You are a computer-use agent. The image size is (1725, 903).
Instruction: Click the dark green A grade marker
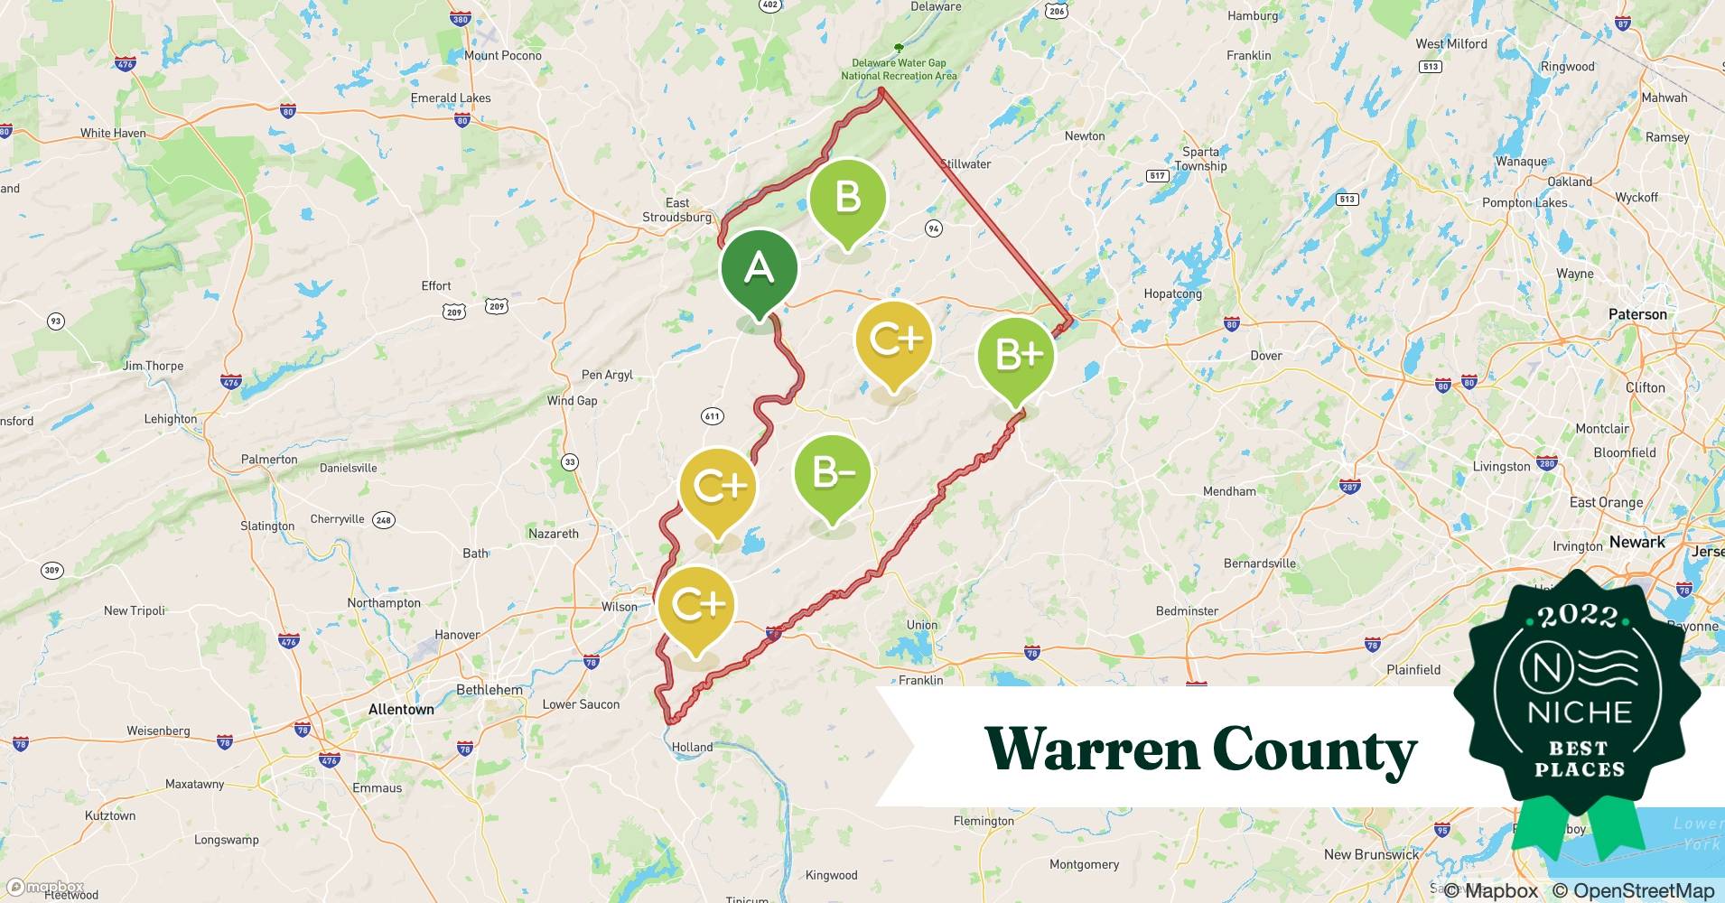[759, 269]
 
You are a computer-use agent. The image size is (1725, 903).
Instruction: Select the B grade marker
[847, 198]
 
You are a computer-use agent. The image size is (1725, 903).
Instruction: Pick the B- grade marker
[832, 473]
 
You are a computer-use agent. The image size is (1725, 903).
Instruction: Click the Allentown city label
[401, 710]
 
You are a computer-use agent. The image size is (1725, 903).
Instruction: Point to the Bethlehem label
[490, 690]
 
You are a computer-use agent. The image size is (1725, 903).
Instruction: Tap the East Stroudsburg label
[677, 210]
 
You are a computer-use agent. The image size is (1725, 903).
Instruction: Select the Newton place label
[1085, 136]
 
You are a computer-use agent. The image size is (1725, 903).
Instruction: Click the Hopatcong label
[1172, 294]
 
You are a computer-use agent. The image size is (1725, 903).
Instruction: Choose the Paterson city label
[1637, 314]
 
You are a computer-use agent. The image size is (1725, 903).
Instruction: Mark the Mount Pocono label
[503, 56]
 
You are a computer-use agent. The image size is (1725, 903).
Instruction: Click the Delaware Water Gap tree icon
[898, 48]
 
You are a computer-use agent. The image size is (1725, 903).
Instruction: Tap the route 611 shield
[712, 416]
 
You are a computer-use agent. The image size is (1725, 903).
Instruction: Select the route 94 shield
[934, 228]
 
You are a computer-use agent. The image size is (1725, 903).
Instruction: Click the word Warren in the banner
[1091, 749]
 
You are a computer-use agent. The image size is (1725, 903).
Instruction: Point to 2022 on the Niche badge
[1579, 617]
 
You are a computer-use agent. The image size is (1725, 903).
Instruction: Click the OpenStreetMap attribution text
[1633, 890]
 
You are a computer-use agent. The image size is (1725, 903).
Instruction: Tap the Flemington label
[984, 821]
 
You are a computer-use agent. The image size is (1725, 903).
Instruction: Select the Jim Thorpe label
[153, 366]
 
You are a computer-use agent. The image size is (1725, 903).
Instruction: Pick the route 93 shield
[56, 321]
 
